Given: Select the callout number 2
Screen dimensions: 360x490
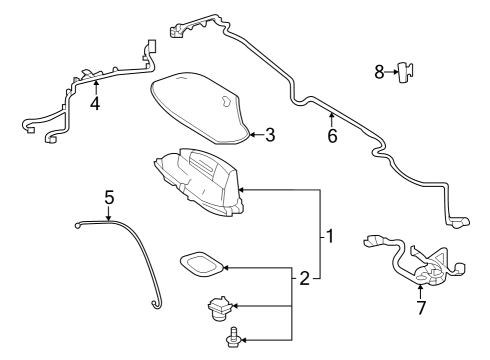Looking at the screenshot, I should (x=303, y=277).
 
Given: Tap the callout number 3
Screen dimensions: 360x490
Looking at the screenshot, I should (x=269, y=134).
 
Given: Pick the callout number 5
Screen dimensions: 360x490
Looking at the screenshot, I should (x=109, y=197).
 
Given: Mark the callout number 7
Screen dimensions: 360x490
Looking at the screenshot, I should (x=421, y=308).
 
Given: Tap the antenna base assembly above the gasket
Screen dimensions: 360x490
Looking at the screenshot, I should (x=200, y=180).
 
